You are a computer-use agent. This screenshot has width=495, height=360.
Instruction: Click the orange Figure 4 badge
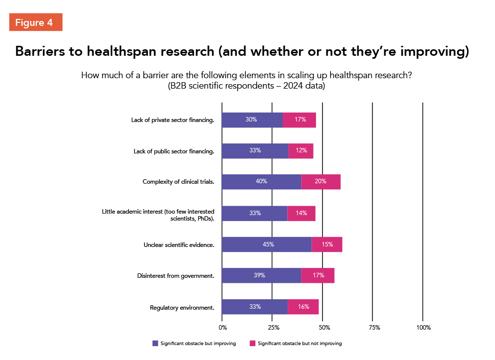pyautogui.click(x=35, y=22)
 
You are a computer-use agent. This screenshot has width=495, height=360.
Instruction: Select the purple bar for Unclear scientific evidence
pyautogui.click(x=266, y=244)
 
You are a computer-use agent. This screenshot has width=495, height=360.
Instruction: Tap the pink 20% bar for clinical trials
pyautogui.click(x=321, y=182)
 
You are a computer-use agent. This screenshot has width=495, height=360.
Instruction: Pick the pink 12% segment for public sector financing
pyautogui.click(x=301, y=151)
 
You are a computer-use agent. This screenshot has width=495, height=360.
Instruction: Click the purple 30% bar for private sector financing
pyautogui.click(x=252, y=120)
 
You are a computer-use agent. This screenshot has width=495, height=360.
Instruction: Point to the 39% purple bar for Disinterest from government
pyautogui.click(x=261, y=275)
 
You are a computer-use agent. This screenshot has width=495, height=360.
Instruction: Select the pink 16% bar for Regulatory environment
pyautogui.click(x=303, y=307)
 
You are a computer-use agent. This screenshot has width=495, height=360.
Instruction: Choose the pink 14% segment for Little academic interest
pyautogui.click(x=301, y=213)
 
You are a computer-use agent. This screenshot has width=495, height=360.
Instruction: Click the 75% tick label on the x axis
pyautogui.click(x=374, y=328)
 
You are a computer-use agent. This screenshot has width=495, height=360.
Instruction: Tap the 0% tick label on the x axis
pyautogui.click(x=223, y=328)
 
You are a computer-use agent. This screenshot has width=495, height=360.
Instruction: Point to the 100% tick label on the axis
pyautogui.click(x=423, y=328)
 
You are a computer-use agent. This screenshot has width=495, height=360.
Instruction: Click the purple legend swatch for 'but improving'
pyautogui.click(x=155, y=344)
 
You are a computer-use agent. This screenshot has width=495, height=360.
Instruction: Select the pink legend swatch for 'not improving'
pyautogui.click(x=252, y=344)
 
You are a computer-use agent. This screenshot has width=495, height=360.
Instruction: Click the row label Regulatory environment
pyautogui.click(x=182, y=308)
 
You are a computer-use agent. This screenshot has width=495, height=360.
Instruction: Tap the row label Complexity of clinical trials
pyautogui.click(x=178, y=182)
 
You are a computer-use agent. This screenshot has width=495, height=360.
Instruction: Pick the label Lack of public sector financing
pyautogui.click(x=174, y=151)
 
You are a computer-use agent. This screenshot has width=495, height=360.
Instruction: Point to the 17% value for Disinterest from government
pyautogui.click(x=319, y=275)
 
